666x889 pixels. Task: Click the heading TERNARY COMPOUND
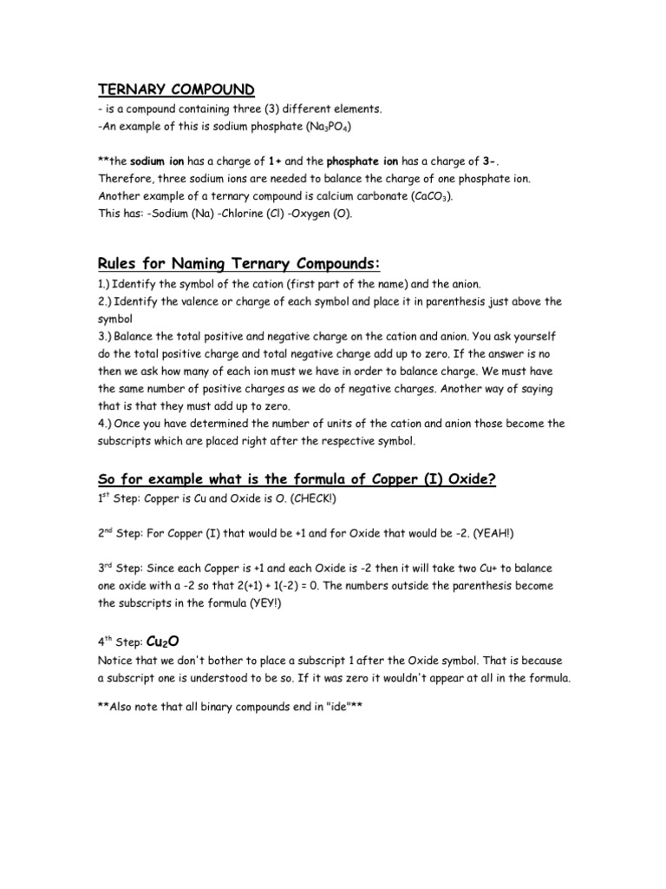(x=175, y=89)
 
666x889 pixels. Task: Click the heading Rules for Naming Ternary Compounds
(x=241, y=264)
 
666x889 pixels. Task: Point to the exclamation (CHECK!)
(x=315, y=501)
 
